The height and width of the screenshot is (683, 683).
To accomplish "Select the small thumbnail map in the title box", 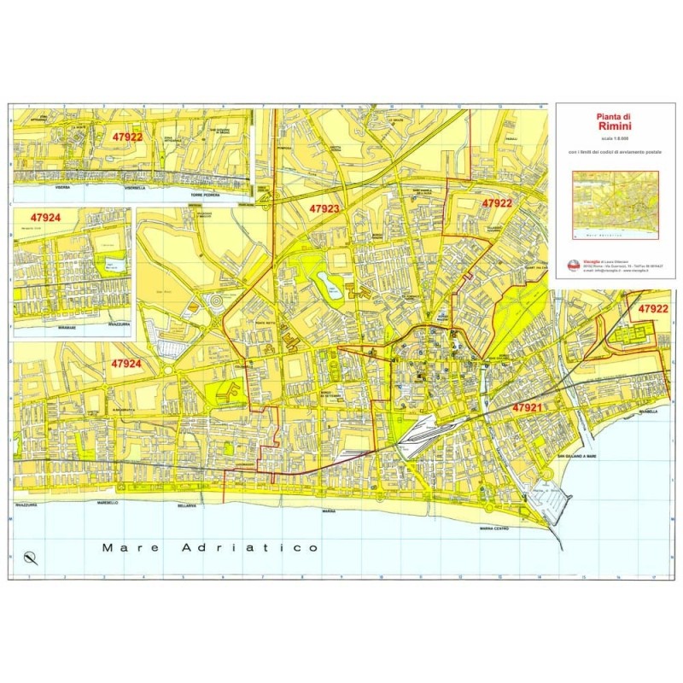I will [x=616, y=203].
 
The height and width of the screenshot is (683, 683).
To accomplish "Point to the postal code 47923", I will [x=324, y=207].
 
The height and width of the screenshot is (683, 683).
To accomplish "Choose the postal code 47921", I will [x=528, y=408].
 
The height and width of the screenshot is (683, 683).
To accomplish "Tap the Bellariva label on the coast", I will [x=187, y=505].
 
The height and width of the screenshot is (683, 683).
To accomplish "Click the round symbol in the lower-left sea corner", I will [x=32, y=558].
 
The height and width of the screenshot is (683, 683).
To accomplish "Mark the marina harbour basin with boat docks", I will [x=546, y=504].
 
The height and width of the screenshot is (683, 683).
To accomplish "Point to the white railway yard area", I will [x=423, y=435].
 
